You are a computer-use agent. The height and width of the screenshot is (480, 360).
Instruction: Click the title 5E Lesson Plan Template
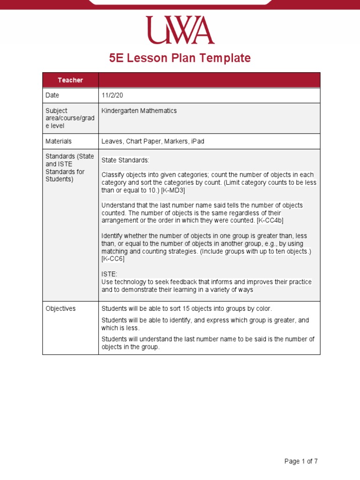(180, 58)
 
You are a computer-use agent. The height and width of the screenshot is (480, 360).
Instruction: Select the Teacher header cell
(70, 80)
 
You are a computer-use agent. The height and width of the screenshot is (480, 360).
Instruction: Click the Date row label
(52, 95)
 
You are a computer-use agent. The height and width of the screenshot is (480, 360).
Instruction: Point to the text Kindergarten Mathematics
(139, 111)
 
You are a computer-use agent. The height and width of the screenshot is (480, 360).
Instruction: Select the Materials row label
(59, 141)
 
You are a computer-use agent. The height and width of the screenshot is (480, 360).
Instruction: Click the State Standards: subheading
(125, 160)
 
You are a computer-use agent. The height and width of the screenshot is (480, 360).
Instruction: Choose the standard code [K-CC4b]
(270, 220)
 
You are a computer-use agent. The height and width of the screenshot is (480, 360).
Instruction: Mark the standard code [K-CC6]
(113, 259)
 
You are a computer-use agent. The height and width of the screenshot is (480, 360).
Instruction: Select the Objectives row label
(60, 308)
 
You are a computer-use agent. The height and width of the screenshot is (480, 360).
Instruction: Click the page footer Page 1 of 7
(301, 461)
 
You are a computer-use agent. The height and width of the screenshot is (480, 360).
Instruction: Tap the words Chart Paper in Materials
(142, 141)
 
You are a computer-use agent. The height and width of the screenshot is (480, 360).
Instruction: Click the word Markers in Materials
(174, 141)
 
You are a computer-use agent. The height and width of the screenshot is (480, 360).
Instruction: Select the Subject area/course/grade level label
(70, 118)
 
